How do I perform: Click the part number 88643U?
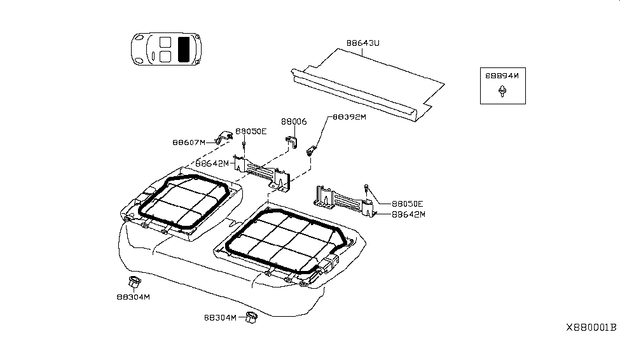click(x=362, y=43)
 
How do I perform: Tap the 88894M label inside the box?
click(x=502, y=75)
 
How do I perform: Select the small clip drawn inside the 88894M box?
click(x=502, y=93)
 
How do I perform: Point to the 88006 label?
click(x=294, y=121)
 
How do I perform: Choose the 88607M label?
click(x=189, y=142)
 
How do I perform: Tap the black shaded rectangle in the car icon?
click(x=185, y=49)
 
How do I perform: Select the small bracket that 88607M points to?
click(x=224, y=136)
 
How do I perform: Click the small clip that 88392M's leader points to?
click(x=312, y=151)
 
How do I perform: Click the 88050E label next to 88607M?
click(x=251, y=131)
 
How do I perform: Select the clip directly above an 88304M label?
click(x=134, y=282)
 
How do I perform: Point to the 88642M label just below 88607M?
click(x=212, y=163)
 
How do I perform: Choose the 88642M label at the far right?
click(x=408, y=214)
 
